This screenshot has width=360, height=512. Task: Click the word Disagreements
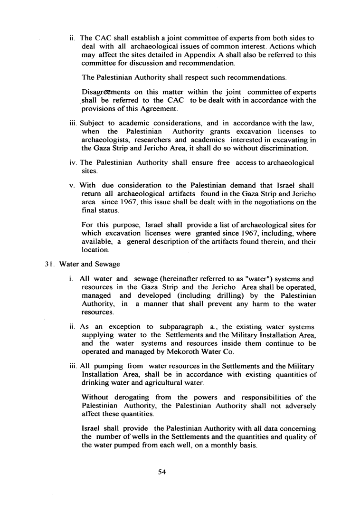pos(104,92)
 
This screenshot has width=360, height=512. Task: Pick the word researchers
pos(147,140)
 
